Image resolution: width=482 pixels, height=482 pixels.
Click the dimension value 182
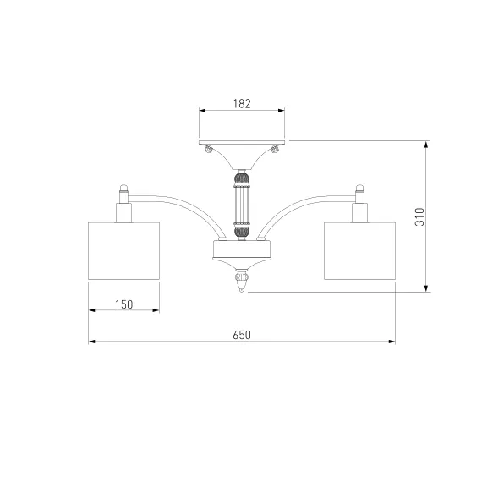point(242,104)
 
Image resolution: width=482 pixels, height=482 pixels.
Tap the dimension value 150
point(123,304)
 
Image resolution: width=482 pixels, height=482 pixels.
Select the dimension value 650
point(242,335)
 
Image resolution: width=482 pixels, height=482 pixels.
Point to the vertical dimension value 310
point(419,216)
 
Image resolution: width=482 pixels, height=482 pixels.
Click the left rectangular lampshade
point(123,251)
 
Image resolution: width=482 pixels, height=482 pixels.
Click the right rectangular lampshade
point(359,251)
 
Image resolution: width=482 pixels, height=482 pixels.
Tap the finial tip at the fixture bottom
point(242,290)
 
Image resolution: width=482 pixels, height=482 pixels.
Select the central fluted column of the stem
point(242,205)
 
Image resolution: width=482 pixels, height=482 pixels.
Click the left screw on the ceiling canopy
point(209,150)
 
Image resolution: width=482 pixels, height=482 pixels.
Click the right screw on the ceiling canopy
point(275,150)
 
